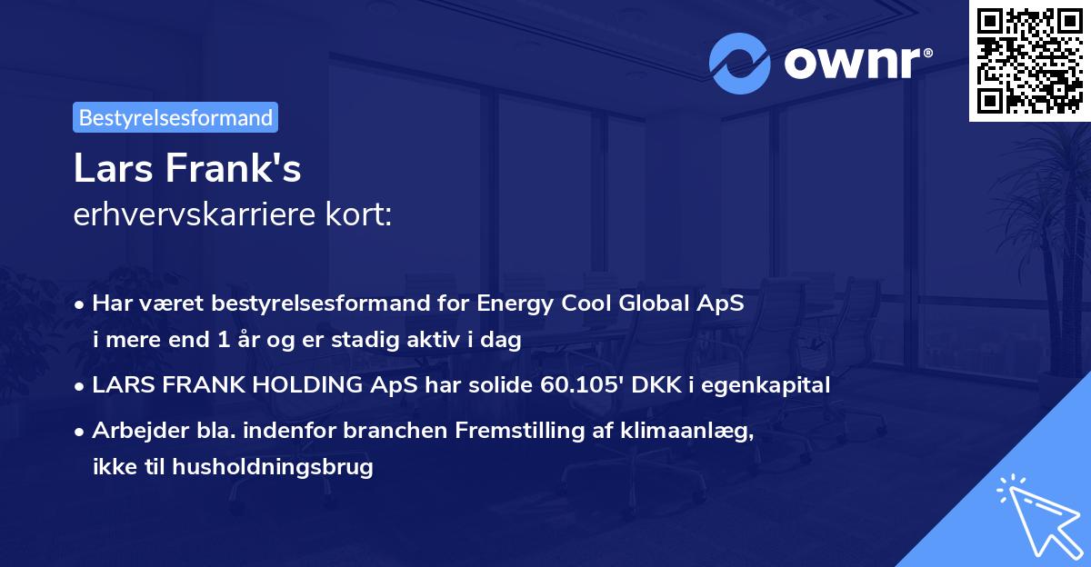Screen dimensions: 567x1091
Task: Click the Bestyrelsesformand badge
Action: click(x=175, y=117)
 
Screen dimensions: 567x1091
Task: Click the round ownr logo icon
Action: click(x=741, y=62)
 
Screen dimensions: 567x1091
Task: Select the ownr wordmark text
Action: click(x=852, y=63)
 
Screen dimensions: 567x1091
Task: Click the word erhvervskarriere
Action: click(x=190, y=215)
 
